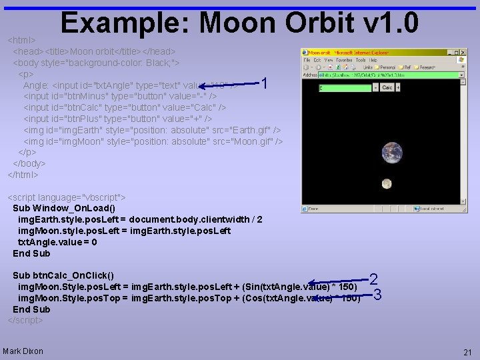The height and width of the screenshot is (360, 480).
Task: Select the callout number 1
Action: tap(265, 84)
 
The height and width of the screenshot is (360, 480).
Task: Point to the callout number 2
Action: tap(373, 281)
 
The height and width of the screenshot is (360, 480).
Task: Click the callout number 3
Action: tap(377, 294)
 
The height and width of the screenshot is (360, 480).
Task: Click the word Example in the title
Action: tap(127, 24)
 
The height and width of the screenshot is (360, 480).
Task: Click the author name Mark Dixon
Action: tap(23, 351)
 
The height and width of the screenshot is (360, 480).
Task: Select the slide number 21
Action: tap(467, 351)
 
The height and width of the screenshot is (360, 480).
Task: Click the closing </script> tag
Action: tap(25, 320)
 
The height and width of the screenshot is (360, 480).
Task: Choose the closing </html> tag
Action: tap(23, 175)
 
